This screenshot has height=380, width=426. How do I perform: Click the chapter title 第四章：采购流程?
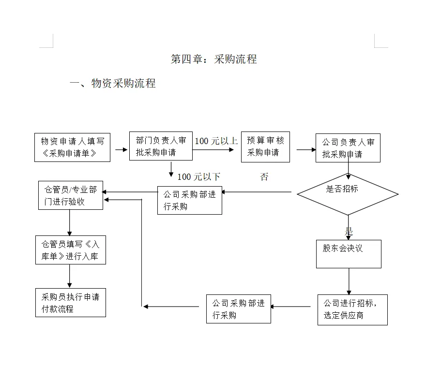pyautogui.click(x=213, y=59)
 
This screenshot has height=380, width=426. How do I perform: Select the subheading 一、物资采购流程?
pyautogui.click(x=112, y=83)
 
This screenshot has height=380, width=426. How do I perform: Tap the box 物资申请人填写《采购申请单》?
pyautogui.click(x=72, y=147)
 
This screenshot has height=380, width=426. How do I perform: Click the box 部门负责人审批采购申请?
pyautogui.click(x=161, y=146)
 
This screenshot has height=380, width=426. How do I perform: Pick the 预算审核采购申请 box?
pyautogui.click(x=265, y=147)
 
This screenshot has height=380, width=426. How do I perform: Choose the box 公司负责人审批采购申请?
pyautogui.click(x=348, y=148)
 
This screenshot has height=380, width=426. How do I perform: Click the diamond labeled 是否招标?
pyautogui.click(x=348, y=194)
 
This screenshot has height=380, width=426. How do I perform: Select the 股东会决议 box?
pyautogui.click(x=349, y=254)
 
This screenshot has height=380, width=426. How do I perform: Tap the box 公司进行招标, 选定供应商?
pyautogui.click(x=352, y=310)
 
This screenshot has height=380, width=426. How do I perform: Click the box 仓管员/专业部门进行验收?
pyautogui.click(x=71, y=195)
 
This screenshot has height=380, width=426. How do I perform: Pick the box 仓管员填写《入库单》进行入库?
pyautogui.click(x=71, y=250)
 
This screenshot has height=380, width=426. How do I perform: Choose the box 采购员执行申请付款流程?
pyautogui.click(x=71, y=303)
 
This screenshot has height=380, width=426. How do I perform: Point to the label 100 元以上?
pyautogui.click(x=216, y=141)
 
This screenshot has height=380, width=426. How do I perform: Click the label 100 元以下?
pyautogui.click(x=198, y=177)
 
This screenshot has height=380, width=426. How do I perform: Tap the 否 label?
pyautogui.click(x=264, y=177)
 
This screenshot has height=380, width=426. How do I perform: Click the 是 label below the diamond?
pyautogui.click(x=349, y=232)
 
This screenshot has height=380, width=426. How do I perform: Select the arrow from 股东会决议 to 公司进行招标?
pyautogui.click(x=349, y=281)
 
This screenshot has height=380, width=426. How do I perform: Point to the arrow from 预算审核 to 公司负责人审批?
pyautogui.click(x=306, y=149)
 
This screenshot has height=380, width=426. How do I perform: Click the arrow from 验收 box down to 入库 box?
pyautogui.click(x=70, y=223)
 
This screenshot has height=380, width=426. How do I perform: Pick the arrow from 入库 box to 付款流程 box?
pyautogui.click(x=70, y=276)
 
